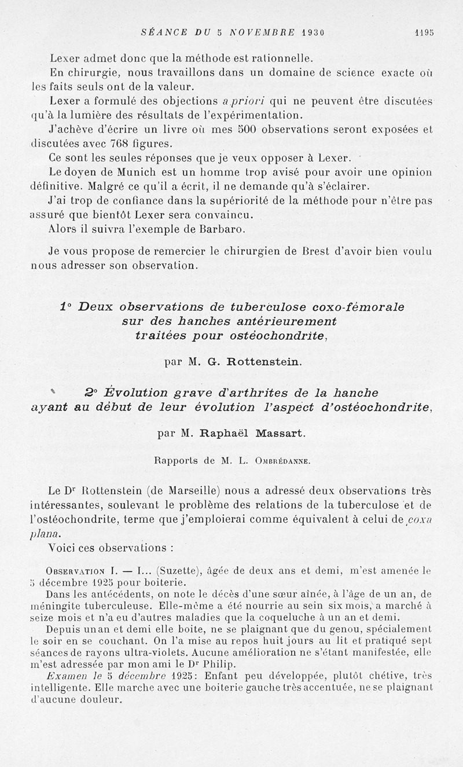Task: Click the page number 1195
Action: [x=424, y=33]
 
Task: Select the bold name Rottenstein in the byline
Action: [x=263, y=362]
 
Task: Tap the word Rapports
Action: [x=176, y=461]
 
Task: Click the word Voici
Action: [x=64, y=547]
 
